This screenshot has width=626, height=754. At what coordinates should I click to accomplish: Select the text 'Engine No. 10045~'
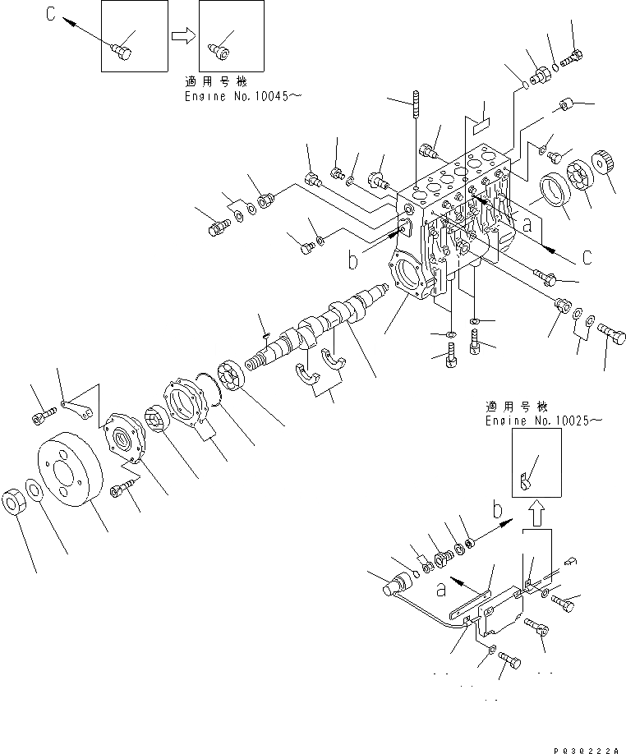pyautogui.click(x=242, y=96)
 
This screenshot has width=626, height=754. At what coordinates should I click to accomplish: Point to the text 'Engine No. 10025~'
pyautogui.click(x=543, y=420)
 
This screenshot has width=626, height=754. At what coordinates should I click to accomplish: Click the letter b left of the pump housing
pyautogui.click(x=352, y=262)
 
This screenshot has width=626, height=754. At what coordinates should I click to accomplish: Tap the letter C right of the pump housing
pyautogui.click(x=587, y=258)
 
